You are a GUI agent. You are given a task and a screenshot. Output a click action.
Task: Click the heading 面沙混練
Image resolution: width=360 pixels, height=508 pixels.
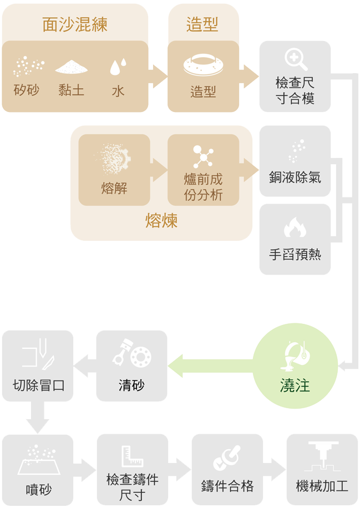75,24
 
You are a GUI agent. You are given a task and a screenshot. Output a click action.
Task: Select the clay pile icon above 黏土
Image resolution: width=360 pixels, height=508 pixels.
72,67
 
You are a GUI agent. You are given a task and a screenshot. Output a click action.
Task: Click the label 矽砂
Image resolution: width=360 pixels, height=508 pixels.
26,89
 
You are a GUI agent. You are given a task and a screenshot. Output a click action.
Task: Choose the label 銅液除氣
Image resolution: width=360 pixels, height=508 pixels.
295,177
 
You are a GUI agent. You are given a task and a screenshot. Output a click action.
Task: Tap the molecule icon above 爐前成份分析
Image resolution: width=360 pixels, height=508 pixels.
203,156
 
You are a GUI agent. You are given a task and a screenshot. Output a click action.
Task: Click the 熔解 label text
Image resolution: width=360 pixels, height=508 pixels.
114,189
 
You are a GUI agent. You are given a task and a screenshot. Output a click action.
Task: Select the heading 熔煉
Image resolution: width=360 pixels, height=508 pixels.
161,221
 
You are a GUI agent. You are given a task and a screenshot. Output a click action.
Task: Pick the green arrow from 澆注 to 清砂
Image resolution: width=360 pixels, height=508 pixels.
211,366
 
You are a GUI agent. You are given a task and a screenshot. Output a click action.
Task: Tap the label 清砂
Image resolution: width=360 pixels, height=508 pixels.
131,385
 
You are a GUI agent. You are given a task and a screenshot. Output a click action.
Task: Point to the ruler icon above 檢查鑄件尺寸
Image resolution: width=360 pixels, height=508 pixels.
132,456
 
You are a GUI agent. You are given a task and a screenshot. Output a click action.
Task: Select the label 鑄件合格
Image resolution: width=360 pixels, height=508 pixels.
227,486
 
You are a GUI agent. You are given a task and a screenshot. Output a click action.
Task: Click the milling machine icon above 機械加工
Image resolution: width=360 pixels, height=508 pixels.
322,456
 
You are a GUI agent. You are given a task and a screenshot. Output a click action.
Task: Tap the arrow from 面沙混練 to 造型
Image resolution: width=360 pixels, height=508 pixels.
158,76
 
